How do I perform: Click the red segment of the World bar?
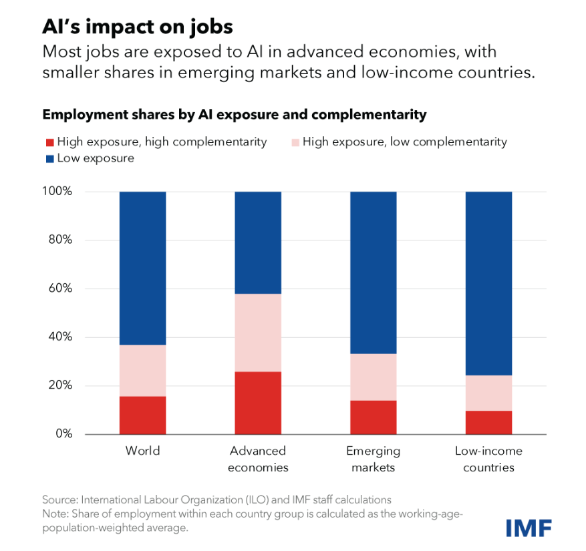[x=142, y=415]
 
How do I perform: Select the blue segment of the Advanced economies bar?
[x=258, y=242]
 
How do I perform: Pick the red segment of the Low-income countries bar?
[x=488, y=422]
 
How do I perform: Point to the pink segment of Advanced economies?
[x=258, y=333]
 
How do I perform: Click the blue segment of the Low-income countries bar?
[x=488, y=283]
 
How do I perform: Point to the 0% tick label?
[x=63, y=434]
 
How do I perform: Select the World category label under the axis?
[x=142, y=451]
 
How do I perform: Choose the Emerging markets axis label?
[x=374, y=459]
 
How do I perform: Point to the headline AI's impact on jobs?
[x=137, y=27]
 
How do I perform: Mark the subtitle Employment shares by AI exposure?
[x=234, y=114]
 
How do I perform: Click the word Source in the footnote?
[x=59, y=500]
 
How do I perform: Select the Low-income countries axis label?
[x=488, y=459]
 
